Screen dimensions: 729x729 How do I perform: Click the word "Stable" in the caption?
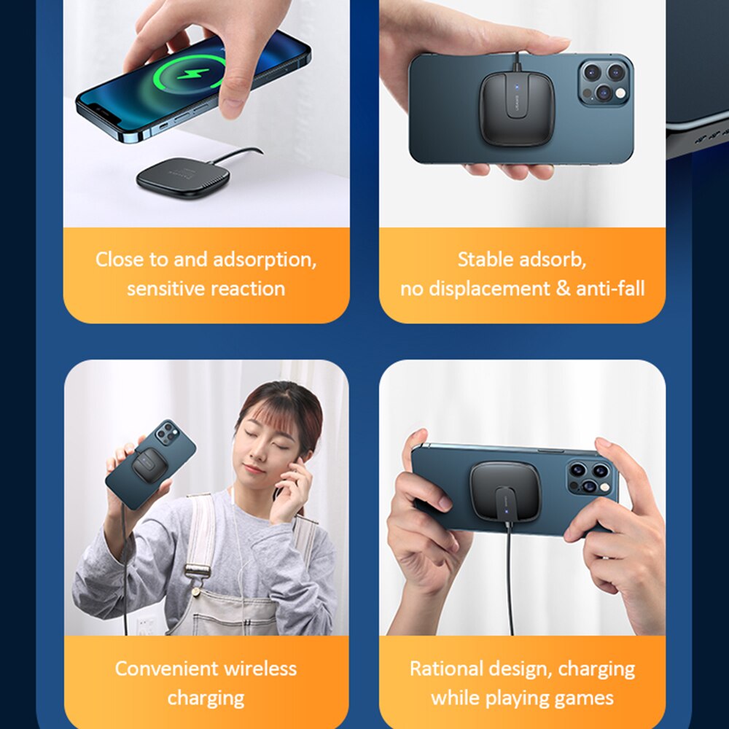coord(486,259)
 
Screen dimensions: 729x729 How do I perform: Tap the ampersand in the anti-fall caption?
coord(563,288)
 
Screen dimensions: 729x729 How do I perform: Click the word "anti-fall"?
coord(610,288)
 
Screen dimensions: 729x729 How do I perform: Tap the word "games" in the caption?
coord(587,698)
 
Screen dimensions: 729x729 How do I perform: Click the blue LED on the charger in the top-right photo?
coord(516,86)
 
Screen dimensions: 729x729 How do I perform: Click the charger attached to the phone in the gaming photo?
coord(505,491)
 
